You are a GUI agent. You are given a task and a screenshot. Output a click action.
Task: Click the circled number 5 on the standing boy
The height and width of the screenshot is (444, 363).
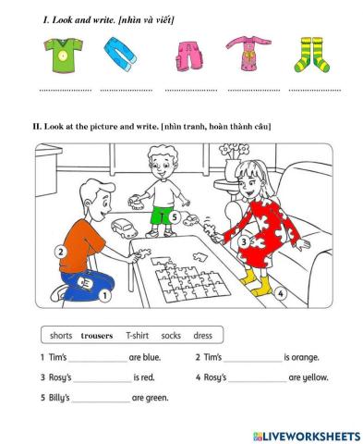tap(175, 215)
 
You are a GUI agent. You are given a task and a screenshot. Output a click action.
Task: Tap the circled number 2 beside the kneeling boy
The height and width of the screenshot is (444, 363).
tap(61, 251)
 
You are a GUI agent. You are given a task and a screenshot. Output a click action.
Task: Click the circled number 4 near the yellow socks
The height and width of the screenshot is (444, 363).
tap(281, 294)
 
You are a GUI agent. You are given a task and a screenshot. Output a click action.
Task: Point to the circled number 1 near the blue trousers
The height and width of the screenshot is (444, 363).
tap(104, 296)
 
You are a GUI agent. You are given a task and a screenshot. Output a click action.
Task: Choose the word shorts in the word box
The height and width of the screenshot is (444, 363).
tap(62, 336)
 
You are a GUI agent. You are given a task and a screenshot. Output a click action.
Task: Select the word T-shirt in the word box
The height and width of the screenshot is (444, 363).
tap(137, 336)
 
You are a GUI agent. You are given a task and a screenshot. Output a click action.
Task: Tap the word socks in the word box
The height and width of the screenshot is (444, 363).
tap(171, 336)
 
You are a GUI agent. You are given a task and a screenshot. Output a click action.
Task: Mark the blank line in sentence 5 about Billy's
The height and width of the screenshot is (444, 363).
tap(101, 400)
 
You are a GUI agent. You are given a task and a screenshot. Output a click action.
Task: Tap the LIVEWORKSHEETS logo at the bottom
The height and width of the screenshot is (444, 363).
tap(305, 435)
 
